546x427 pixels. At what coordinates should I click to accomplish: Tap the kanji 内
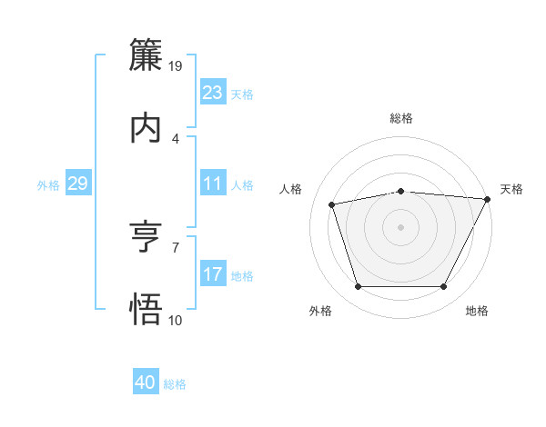click(146, 128)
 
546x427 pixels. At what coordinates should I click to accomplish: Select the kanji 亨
click(146, 237)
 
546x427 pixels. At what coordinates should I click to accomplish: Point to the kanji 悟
click(146, 310)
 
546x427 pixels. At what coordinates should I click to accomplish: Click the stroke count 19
click(176, 66)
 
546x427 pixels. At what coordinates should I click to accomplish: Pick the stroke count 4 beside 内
click(176, 139)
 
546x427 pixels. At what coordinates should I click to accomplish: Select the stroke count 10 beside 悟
click(176, 320)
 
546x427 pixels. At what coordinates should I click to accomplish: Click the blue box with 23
click(212, 93)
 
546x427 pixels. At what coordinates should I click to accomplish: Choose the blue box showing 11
click(212, 184)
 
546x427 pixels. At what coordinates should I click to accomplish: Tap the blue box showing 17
click(212, 274)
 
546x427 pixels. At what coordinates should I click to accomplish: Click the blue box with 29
click(77, 184)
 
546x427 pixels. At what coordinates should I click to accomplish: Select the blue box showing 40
click(146, 382)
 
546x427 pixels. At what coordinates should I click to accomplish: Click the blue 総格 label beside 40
click(175, 384)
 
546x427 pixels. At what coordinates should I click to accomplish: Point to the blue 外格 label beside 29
click(48, 185)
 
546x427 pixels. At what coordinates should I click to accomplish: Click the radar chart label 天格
click(511, 189)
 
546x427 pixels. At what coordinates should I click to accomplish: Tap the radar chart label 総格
click(401, 118)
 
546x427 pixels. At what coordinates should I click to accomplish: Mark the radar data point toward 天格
click(489, 199)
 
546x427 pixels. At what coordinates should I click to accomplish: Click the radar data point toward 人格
click(332, 204)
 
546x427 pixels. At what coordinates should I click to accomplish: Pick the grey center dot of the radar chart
click(401, 226)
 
